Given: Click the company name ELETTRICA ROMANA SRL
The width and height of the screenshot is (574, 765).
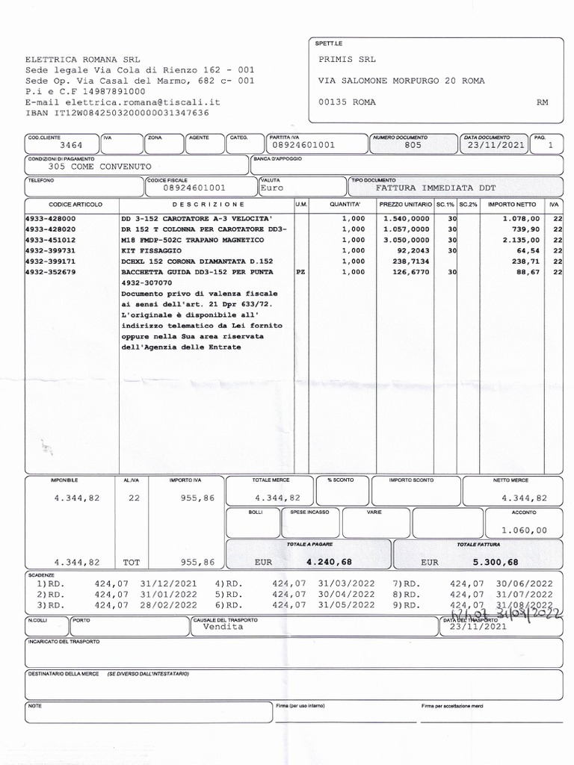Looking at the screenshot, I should pyautogui.click(x=82, y=59).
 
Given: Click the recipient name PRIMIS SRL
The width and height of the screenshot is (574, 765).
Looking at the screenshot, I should pyautogui.click(x=347, y=60).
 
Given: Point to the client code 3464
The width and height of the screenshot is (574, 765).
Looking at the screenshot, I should pyautogui.click(x=71, y=146).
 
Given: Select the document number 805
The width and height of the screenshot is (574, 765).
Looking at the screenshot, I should pyautogui.click(x=413, y=146).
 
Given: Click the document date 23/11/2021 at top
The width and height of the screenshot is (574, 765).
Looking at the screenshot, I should pyautogui.click(x=494, y=146).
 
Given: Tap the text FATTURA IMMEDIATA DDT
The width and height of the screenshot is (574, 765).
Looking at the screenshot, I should pyautogui.click(x=436, y=188).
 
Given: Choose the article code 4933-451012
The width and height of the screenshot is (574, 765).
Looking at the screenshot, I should pyautogui.click(x=50, y=240).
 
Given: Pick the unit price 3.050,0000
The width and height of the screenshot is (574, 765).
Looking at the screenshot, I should pyautogui.click(x=406, y=240).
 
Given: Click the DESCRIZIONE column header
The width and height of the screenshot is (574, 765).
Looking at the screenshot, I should pyautogui.click(x=209, y=204).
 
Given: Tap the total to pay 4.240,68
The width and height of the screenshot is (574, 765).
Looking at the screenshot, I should pyautogui.click(x=329, y=562).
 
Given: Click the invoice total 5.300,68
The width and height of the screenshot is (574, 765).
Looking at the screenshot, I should pyautogui.click(x=496, y=562).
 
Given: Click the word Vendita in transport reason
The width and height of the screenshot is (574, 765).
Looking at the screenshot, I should pyautogui.click(x=223, y=627).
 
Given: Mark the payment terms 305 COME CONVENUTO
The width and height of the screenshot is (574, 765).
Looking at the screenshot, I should pyautogui.click(x=99, y=167).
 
